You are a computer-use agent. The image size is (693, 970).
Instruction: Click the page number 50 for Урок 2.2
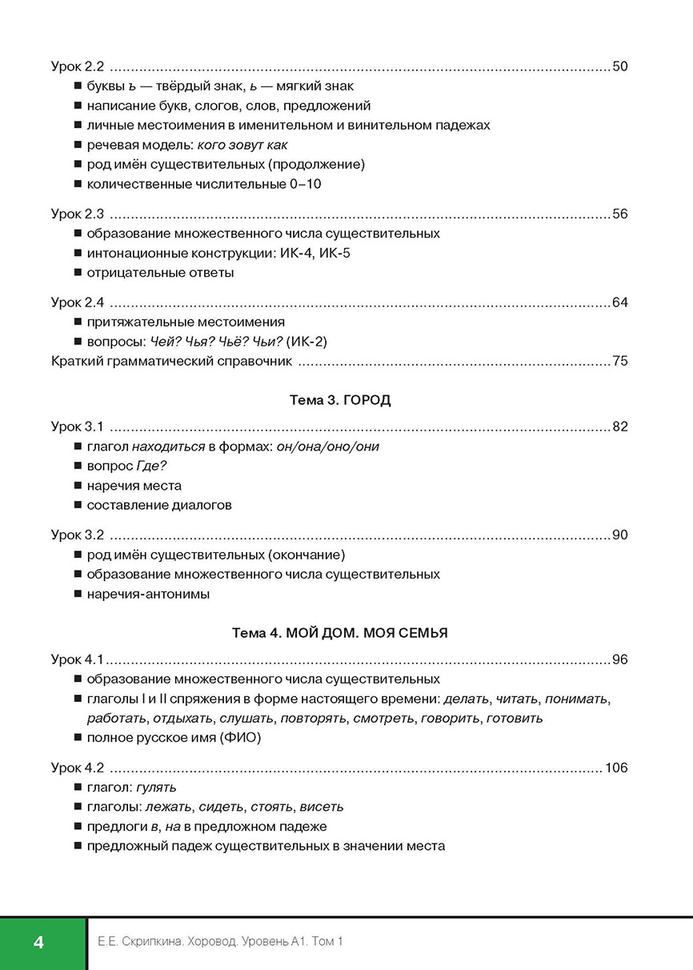(x=619, y=66)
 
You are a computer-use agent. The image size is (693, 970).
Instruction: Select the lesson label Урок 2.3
(x=78, y=214)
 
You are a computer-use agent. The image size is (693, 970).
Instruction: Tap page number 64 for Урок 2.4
(x=619, y=303)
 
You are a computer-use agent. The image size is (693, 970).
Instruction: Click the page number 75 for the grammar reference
(x=619, y=361)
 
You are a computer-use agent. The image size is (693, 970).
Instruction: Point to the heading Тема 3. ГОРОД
(x=340, y=400)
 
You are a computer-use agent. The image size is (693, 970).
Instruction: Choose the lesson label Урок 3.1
(x=78, y=427)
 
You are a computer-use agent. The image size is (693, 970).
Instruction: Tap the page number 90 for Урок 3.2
(x=619, y=535)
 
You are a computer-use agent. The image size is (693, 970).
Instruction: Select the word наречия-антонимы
(x=148, y=594)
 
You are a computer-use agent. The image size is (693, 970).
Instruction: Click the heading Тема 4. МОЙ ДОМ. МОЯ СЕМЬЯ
(x=340, y=632)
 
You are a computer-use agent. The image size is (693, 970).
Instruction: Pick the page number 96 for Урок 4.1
(x=619, y=659)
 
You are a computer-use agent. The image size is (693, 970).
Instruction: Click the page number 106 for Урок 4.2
(x=616, y=768)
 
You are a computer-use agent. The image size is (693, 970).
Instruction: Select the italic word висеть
(x=322, y=807)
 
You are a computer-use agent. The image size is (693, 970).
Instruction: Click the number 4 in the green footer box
(x=38, y=942)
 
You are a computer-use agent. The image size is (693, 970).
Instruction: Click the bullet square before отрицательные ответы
(x=77, y=273)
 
